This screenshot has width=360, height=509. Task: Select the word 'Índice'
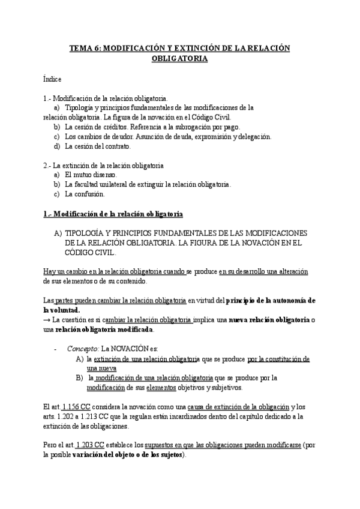[52, 79]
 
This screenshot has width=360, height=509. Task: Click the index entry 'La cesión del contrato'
[97, 146]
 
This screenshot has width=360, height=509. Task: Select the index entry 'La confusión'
[85, 194]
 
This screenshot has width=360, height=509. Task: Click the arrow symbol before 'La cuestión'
[47, 319]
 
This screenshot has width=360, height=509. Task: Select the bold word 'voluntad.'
[62, 310]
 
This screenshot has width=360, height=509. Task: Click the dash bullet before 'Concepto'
[55, 348]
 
